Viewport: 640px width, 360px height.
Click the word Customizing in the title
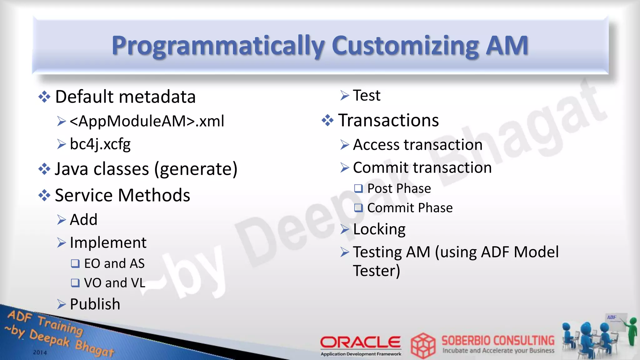(x=405, y=46)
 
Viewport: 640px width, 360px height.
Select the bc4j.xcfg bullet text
(x=100, y=144)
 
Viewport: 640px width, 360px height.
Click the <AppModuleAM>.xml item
(x=147, y=121)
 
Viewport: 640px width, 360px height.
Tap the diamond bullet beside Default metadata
(x=44, y=97)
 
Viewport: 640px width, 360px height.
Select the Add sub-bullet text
(x=83, y=219)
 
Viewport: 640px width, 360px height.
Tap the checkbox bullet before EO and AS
(x=75, y=263)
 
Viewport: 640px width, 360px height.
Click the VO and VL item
(x=114, y=283)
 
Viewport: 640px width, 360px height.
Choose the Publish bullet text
(x=95, y=304)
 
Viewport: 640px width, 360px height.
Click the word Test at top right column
(x=367, y=95)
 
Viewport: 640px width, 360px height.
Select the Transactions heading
(x=388, y=120)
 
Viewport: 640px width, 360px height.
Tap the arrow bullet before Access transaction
(x=345, y=145)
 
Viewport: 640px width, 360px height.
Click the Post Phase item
(x=399, y=188)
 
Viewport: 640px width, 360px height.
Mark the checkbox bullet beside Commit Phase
(x=358, y=208)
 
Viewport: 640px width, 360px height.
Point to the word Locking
(x=379, y=229)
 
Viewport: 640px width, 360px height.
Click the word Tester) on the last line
(x=376, y=271)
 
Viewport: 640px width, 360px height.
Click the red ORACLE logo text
(x=360, y=342)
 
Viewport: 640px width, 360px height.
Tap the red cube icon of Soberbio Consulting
(x=423, y=345)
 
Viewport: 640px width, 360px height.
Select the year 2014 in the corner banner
(x=40, y=352)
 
